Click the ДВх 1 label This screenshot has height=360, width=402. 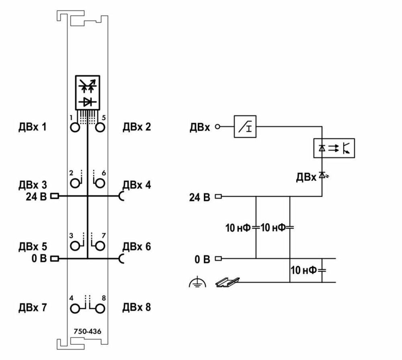(33, 127)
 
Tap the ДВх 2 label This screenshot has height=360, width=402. (137, 127)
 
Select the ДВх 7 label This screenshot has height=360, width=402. (33, 307)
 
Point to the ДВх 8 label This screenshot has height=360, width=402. (137, 307)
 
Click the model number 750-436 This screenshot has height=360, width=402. (87, 331)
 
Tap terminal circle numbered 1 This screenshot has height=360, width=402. (75, 127)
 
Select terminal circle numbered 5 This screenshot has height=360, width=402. (100, 127)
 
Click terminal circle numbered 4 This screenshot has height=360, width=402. (75, 309)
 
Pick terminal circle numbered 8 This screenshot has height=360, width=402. (100, 309)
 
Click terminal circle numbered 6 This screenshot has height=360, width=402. (100, 183)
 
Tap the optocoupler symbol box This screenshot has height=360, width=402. (334, 148)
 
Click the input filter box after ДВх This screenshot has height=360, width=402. (245, 126)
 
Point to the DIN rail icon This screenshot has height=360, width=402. (228, 282)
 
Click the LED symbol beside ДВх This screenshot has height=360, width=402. (323, 175)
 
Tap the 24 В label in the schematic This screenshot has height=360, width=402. (199, 197)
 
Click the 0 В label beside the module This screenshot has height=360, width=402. (39, 258)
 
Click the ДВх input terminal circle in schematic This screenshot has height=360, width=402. (217, 126)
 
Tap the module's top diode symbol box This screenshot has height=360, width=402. (87, 93)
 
